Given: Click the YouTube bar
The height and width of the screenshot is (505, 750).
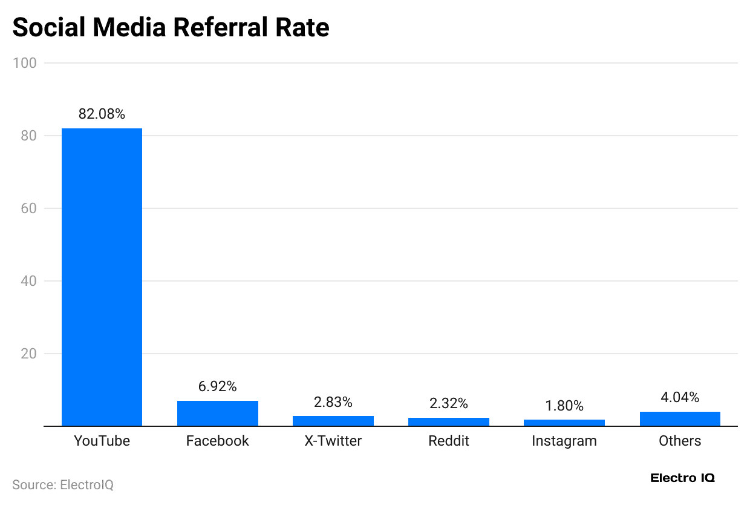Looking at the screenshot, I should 102,277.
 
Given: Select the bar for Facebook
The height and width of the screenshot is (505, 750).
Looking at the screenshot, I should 217,414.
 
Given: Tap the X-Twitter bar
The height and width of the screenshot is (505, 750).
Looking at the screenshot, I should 333,421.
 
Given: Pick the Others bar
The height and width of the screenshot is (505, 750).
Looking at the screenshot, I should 680,419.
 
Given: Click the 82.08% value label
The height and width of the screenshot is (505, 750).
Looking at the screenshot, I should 102,114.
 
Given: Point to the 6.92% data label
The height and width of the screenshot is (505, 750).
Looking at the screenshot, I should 217,386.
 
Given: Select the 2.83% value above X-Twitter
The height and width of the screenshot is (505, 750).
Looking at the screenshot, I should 333,402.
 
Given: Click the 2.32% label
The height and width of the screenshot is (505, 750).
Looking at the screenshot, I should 448,404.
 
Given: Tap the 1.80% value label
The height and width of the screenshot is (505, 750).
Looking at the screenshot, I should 564,406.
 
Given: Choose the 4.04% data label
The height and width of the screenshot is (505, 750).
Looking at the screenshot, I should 680,398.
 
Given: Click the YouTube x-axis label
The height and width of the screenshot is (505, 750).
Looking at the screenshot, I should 102,441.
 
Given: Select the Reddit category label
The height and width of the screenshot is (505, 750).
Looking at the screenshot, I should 448,441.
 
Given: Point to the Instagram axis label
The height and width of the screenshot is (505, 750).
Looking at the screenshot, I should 564,441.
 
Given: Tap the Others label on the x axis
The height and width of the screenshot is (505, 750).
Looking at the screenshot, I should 680,441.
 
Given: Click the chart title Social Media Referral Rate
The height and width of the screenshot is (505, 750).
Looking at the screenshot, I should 171,28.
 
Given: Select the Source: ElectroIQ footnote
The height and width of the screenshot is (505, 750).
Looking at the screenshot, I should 63,485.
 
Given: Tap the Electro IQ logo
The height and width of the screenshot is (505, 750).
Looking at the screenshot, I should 682,478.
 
